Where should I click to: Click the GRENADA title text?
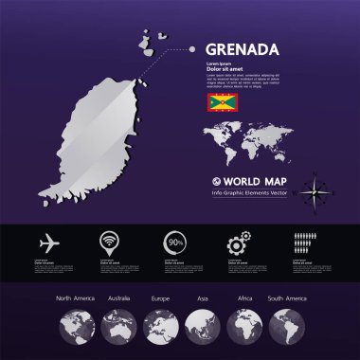[243, 49]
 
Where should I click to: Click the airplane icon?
[49, 243]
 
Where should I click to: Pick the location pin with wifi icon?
[110, 243]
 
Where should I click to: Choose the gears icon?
[237, 243]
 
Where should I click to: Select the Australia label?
[120, 298]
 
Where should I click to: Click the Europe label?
[160, 298]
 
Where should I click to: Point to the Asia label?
[202, 298]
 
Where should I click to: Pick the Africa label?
[243, 298]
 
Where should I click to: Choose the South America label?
[287, 298]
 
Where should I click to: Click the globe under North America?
[76, 327]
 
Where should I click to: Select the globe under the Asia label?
[201, 327]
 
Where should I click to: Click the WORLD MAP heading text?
[248, 179]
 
